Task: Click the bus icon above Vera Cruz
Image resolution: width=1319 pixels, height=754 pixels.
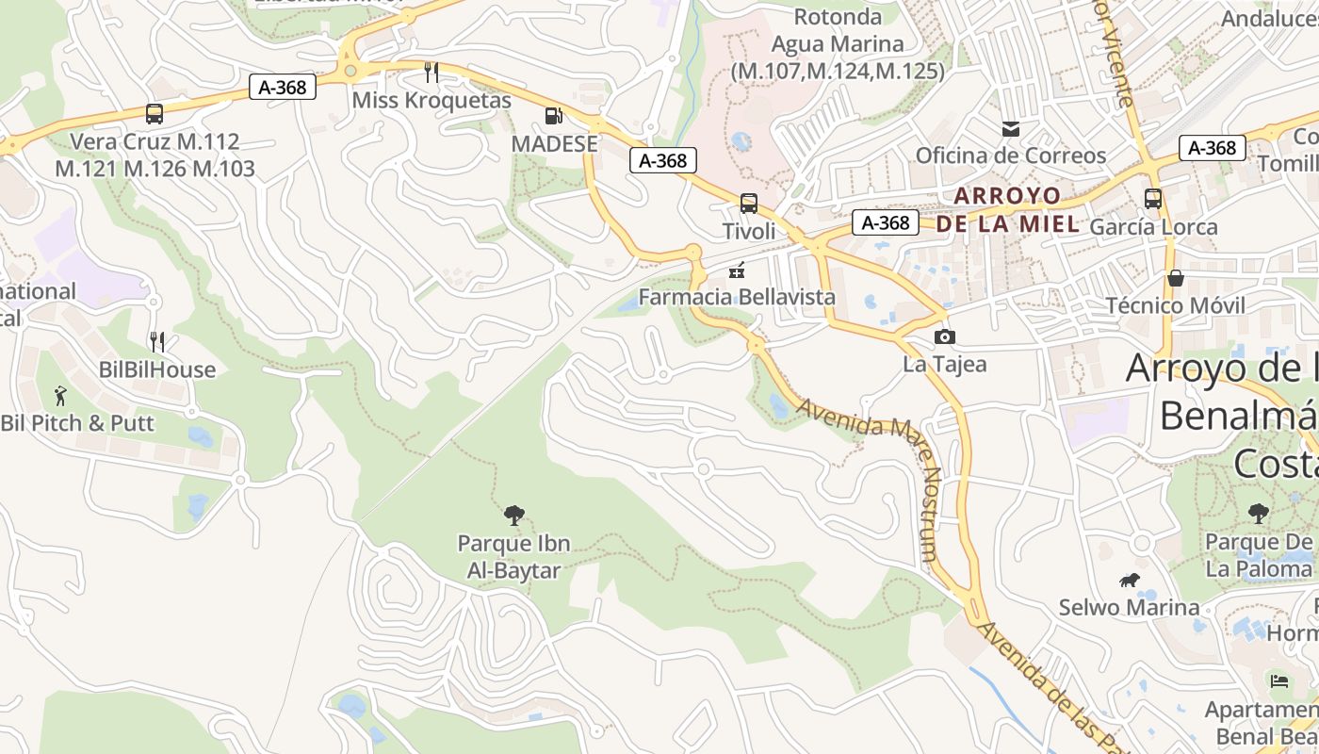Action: click(155, 114)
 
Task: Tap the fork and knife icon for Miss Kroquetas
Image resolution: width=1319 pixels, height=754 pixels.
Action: click(432, 72)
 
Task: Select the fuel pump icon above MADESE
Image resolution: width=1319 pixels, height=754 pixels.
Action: click(554, 116)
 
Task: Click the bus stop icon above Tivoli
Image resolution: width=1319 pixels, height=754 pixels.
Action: click(749, 203)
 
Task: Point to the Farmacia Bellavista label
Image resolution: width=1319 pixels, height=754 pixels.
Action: click(737, 297)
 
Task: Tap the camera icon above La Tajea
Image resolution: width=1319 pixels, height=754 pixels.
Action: click(944, 336)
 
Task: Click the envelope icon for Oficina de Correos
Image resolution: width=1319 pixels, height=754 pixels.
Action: click(1011, 129)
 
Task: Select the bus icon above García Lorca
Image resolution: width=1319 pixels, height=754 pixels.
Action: click(1153, 199)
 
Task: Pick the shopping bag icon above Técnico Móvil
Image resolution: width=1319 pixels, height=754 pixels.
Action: click(1176, 278)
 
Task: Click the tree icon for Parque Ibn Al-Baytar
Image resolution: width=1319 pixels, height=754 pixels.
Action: click(513, 515)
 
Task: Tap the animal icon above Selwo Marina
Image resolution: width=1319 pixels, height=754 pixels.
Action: click(1129, 580)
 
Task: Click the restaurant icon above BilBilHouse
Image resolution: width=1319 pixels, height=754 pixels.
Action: click(157, 341)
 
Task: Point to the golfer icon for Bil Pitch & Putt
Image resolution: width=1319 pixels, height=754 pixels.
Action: click(61, 395)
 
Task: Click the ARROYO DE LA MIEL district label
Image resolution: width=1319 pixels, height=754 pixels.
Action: click(1008, 210)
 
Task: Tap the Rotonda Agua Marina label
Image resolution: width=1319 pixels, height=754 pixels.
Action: click(838, 43)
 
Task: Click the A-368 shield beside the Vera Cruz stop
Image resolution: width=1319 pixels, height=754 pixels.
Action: click(283, 88)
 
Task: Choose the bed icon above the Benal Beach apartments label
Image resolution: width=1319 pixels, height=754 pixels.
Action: click(1278, 680)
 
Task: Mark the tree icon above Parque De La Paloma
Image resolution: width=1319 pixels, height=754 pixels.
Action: click(1258, 514)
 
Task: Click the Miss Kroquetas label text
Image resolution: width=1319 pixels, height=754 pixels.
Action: click(432, 100)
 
